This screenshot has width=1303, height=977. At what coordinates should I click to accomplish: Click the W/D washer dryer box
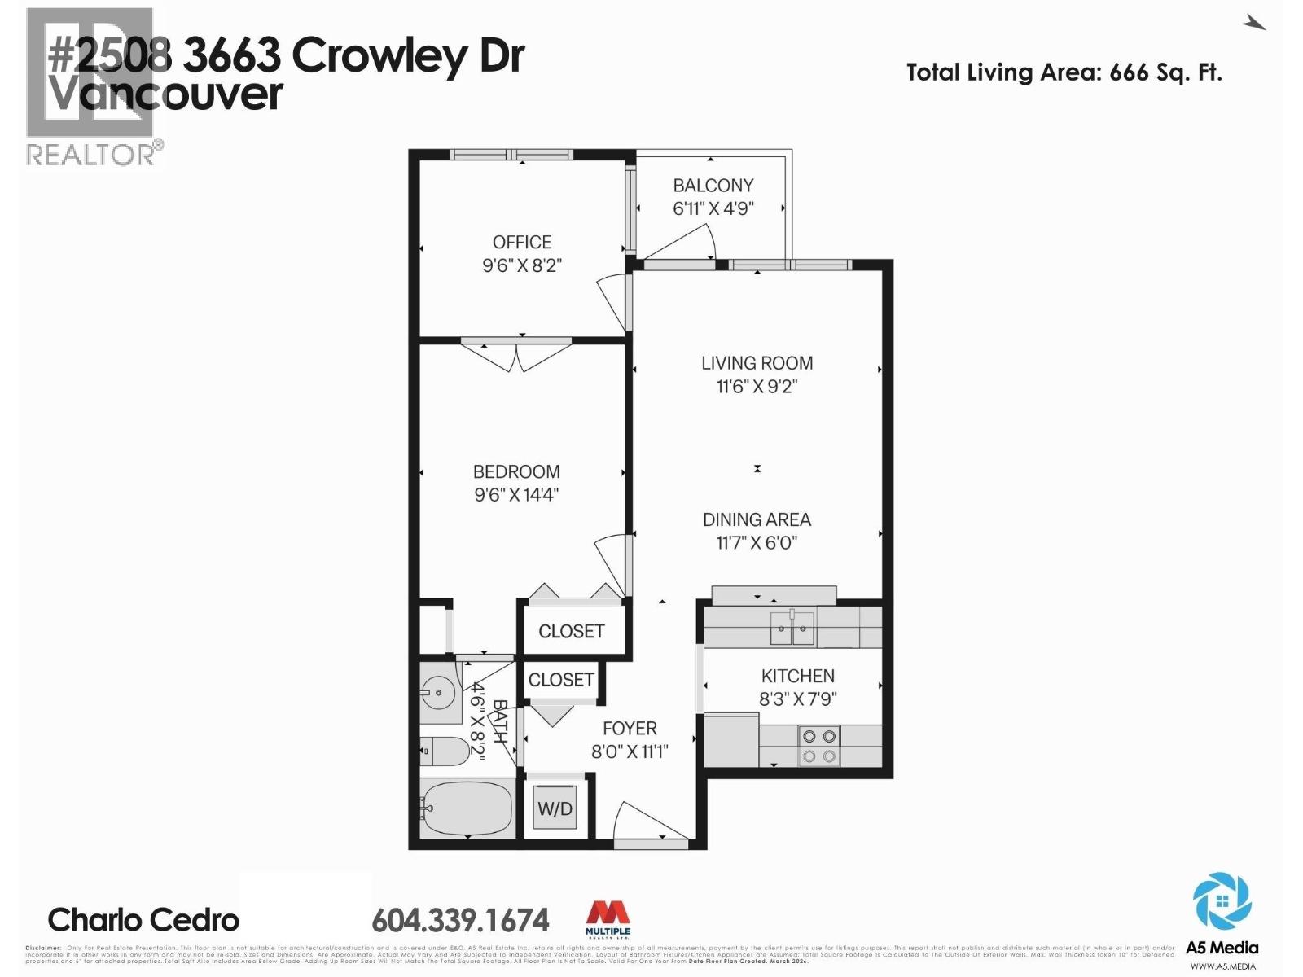pos(555,808)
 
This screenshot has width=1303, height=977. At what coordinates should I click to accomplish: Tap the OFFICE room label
pos(522,242)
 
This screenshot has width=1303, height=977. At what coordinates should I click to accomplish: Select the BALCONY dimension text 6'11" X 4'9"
pos(713,208)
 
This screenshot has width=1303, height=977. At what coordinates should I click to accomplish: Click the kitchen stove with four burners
pos(819,746)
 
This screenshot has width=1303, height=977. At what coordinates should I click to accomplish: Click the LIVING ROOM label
pos(757,363)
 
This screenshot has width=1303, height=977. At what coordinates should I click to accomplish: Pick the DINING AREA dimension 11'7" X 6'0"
pos(757,543)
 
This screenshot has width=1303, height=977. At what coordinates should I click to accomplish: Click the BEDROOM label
pos(516,471)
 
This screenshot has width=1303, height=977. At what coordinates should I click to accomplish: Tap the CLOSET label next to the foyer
pos(561,680)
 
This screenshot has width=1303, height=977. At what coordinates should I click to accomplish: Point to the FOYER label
pos(630,729)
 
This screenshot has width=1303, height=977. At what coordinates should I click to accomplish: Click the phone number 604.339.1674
pos(460,921)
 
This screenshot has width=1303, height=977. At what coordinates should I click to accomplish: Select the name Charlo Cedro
pos(143,920)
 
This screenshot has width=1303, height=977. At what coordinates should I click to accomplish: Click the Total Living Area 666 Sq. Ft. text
pos(1064,72)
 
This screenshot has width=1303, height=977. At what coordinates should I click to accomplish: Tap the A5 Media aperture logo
pos(1222,901)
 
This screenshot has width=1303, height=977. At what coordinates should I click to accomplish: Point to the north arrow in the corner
pos(1253,24)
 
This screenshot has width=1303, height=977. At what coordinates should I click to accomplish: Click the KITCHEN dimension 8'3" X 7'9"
pos(797,699)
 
